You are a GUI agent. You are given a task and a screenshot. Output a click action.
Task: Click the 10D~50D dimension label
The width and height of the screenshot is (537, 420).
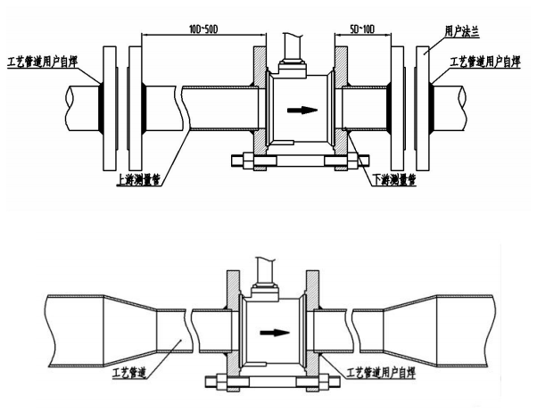[203, 29]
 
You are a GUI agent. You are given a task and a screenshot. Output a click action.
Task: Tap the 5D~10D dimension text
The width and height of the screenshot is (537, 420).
[362, 29]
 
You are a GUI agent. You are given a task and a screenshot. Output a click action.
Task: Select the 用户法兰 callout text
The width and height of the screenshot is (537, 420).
[462, 31]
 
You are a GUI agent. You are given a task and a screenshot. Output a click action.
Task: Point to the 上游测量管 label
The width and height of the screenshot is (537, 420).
[138, 180]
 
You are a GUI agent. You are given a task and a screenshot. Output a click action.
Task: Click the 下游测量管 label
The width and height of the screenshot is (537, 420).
[394, 179]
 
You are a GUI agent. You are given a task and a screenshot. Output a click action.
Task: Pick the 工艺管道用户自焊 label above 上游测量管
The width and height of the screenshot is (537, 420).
[43, 62]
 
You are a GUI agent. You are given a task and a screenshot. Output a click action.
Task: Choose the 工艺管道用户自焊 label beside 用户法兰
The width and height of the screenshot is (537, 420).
[485, 62]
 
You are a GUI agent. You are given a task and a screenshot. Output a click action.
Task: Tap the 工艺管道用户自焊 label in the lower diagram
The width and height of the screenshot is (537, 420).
[381, 373]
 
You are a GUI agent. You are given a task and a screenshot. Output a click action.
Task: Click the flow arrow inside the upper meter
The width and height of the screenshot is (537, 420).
[302, 110]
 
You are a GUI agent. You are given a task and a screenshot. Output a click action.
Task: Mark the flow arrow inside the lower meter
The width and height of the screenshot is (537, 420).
[275, 333]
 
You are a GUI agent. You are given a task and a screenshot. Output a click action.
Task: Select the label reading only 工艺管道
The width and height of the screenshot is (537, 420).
[129, 373]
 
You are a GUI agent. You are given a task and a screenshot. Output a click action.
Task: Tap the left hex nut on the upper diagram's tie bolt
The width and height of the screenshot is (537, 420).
[248, 161]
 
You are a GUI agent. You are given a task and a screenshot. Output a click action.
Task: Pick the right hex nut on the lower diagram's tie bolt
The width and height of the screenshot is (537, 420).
[325, 382]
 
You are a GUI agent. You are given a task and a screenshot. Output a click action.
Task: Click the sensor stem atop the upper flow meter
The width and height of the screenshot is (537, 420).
[292, 47]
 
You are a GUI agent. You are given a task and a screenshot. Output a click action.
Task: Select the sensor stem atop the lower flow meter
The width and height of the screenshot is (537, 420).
[265, 271]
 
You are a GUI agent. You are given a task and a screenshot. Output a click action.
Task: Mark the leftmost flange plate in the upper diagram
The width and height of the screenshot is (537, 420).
[110, 108]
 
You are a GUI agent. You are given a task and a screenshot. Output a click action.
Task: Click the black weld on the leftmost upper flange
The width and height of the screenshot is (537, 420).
[101, 108]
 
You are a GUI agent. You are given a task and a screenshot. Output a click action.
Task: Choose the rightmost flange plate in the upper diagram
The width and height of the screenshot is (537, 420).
[423, 108]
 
